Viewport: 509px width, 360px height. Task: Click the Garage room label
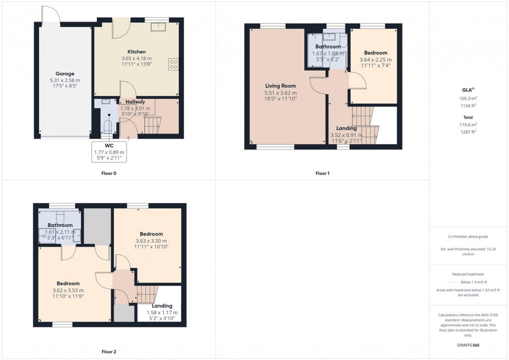point(65,74)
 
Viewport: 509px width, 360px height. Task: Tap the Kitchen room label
point(137,52)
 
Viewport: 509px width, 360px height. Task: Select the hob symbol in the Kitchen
point(173,64)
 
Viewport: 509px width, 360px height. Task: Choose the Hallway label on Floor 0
point(135,102)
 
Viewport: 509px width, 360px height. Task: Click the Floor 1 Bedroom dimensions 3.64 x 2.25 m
point(375,60)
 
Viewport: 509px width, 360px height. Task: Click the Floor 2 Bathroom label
point(60,225)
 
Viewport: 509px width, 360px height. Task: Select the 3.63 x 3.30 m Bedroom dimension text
point(151,241)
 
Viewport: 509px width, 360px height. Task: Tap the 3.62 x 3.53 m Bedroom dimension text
point(68,290)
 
